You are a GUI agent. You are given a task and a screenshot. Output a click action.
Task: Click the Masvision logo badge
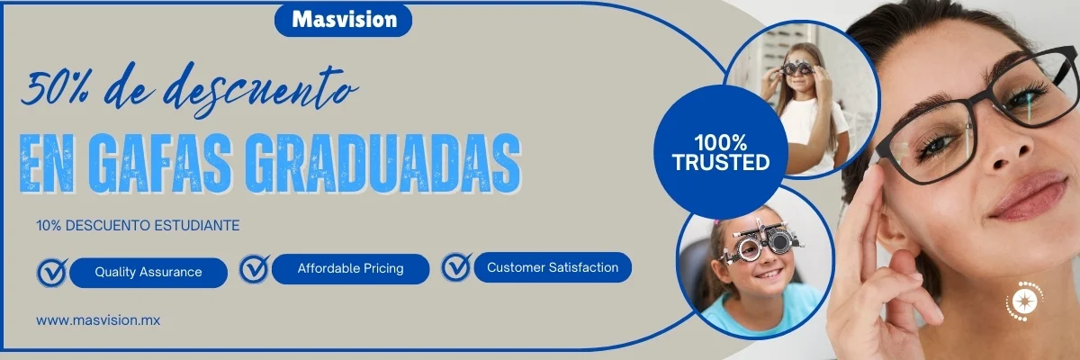coord(343,20)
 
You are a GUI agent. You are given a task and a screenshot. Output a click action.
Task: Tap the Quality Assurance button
coord(148,273)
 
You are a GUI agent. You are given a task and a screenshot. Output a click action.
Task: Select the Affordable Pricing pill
coord(350,268)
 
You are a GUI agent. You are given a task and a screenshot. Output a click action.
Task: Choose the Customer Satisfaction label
coord(553,267)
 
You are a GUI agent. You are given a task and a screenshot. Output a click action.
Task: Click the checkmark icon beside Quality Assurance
coord(52,273)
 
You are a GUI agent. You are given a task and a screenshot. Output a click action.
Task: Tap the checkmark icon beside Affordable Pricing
coord(254,268)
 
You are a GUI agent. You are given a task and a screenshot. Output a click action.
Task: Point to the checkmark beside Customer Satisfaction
coord(456,266)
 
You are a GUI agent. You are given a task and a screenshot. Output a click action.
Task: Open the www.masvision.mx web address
coord(98,320)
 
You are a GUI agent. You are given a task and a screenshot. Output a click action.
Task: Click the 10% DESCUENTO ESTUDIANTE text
coord(138,226)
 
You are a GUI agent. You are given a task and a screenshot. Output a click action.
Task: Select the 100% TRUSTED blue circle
coord(721,152)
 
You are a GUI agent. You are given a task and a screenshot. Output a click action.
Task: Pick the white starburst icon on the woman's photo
coord(1024,301)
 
